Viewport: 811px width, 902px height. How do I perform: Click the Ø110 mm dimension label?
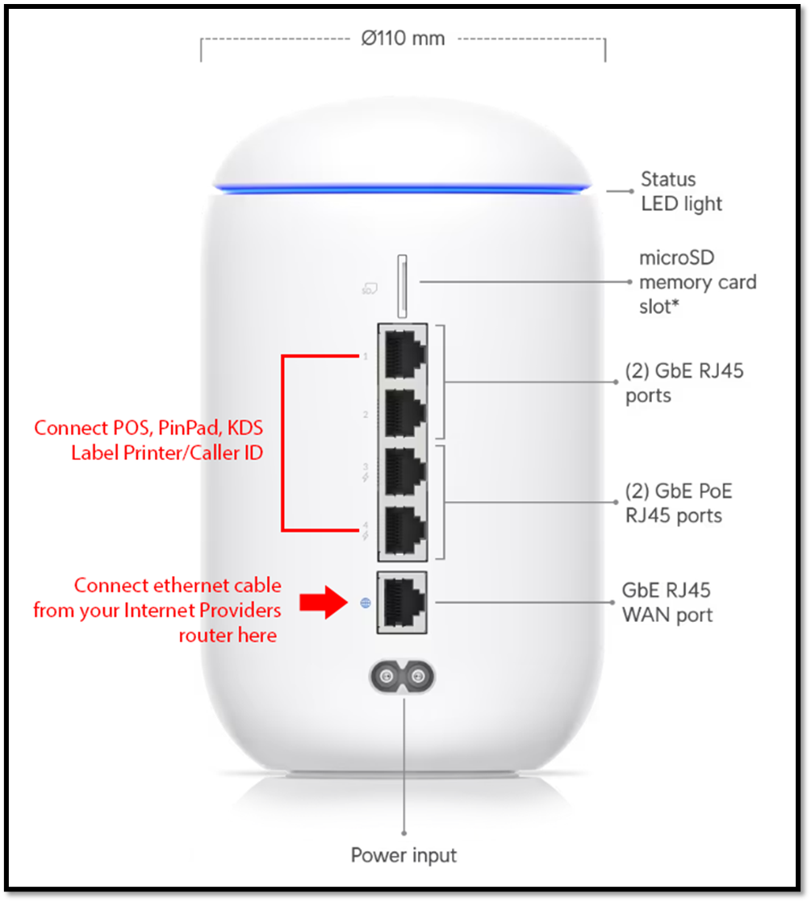[403, 38]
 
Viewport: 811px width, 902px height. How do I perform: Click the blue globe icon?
[366, 603]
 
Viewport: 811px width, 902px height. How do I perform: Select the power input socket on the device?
[401, 675]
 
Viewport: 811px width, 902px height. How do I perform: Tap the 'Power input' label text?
[403, 854]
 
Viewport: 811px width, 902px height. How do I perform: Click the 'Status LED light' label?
[682, 191]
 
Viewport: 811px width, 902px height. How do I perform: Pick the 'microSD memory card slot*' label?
[697, 282]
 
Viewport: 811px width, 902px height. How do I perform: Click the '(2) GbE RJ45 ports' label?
[684, 383]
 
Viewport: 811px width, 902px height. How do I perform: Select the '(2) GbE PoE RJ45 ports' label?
[679, 503]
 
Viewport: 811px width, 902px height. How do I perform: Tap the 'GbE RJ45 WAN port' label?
[667, 603]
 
